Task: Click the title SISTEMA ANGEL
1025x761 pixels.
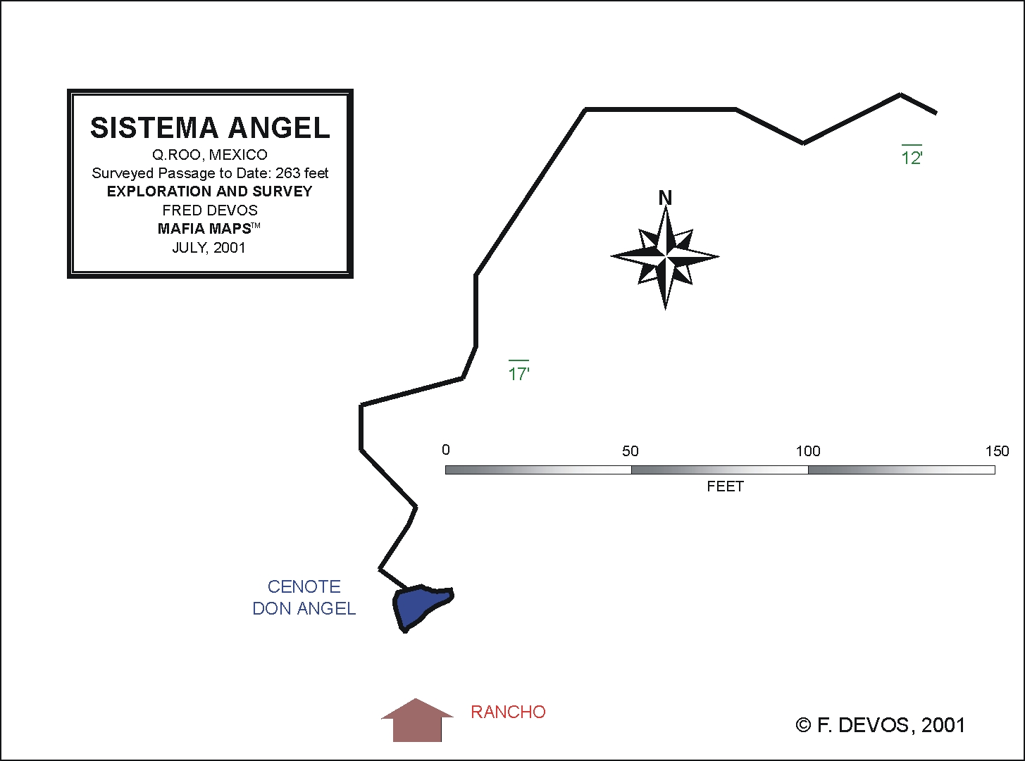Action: coord(210,128)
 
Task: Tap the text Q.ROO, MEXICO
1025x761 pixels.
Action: coord(210,155)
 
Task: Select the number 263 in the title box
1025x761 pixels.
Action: coord(287,173)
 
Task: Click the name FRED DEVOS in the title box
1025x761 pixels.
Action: coord(210,210)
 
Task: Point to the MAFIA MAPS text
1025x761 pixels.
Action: coord(205,229)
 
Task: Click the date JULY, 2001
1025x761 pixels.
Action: coord(209,248)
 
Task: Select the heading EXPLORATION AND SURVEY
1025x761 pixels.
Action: coord(210,191)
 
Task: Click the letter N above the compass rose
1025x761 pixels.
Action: coord(665,198)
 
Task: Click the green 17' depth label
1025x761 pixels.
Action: coord(518,371)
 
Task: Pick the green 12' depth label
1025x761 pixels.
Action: coord(912,156)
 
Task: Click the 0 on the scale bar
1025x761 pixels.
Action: coord(445,450)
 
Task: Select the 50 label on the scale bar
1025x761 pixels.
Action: coord(630,451)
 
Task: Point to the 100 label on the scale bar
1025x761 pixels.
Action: coord(808,451)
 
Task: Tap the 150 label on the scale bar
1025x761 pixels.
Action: coord(997,451)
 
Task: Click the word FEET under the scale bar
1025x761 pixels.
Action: coord(725,486)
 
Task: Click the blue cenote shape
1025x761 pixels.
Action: coord(418,605)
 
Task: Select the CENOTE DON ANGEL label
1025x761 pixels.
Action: coord(304,598)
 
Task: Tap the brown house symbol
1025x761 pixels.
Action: coord(417,721)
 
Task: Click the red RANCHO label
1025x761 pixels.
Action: coord(509,712)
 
